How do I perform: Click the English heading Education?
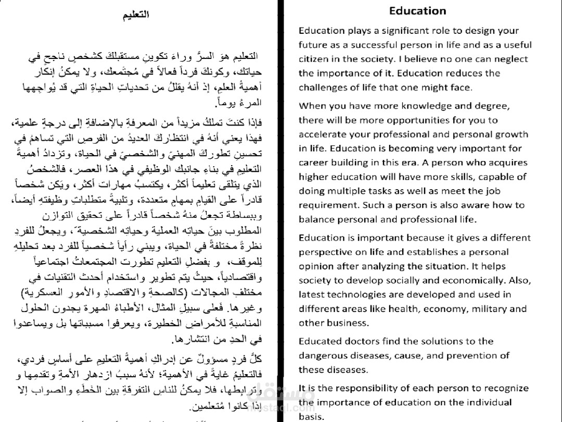click(417, 11)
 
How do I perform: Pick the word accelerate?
click(320, 134)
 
